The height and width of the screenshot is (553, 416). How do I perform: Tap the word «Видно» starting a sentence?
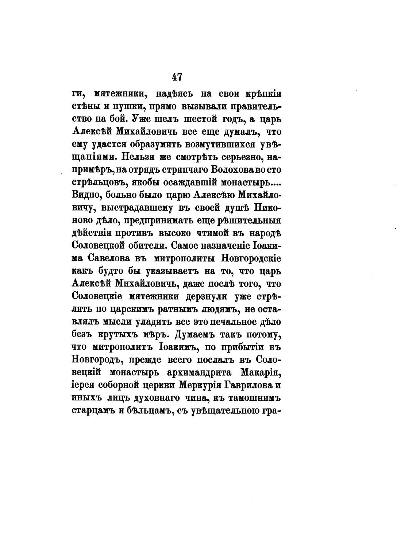85,195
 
